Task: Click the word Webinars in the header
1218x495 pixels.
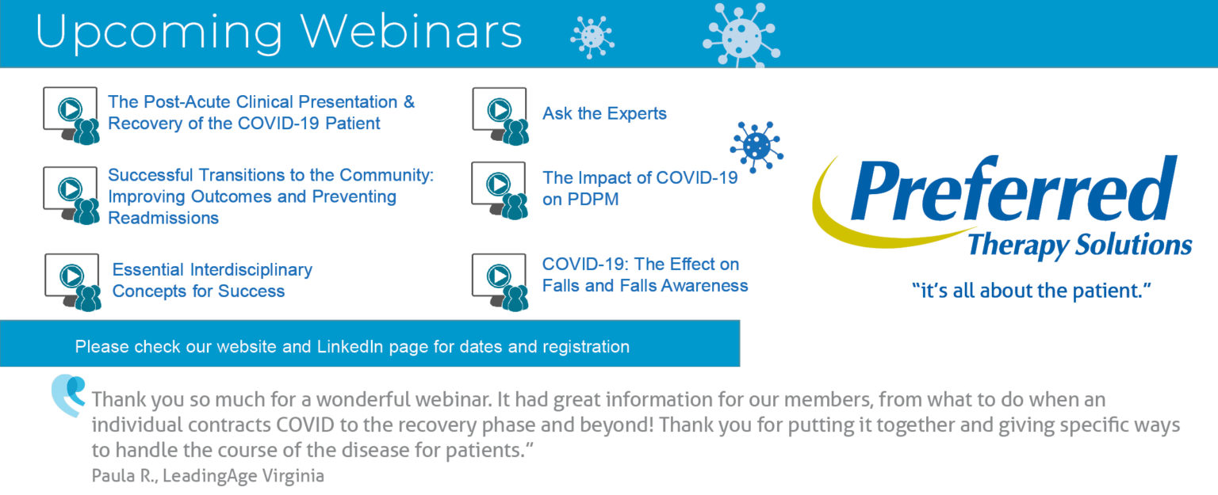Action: point(411,32)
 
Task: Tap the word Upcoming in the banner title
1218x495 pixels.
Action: point(159,34)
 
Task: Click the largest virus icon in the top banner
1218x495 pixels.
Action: point(741,36)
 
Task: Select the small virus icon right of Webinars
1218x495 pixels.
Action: point(592,36)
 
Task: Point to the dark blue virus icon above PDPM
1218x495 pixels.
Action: point(756,147)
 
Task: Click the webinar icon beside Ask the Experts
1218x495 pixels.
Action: point(500,116)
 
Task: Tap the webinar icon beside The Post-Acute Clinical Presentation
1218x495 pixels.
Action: point(71,115)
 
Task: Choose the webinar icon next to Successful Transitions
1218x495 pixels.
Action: point(71,196)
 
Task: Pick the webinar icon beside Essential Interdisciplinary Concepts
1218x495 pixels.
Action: point(73,282)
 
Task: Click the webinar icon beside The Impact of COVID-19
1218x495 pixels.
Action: point(500,190)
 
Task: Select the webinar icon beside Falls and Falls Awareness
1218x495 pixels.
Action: point(500,282)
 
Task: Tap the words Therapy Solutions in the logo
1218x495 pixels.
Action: point(1079,245)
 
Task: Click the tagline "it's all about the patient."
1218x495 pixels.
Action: point(1032,291)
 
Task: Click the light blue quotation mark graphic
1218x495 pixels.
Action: point(68,395)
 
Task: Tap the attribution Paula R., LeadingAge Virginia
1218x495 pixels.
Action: point(208,476)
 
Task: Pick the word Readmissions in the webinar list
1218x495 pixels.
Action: point(163,218)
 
